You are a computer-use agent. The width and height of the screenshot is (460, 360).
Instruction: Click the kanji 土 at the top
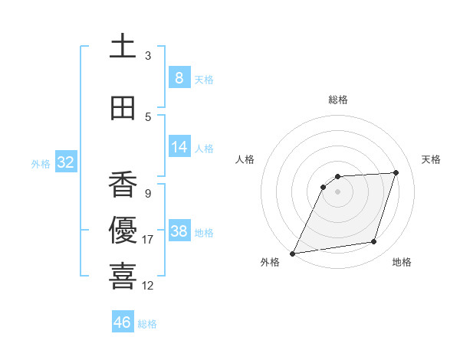tap(123, 47)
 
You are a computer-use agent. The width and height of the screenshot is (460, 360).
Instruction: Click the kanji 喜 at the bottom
tap(123, 276)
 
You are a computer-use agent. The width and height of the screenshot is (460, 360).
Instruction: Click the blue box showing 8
tap(179, 78)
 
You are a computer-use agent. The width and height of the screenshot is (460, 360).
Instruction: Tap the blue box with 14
tap(179, 147)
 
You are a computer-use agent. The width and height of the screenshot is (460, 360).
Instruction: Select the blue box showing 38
tap(179, 231)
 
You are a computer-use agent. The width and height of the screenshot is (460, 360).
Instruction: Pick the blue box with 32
tap(65, 162)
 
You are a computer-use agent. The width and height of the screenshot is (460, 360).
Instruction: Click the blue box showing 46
tap(123, 322)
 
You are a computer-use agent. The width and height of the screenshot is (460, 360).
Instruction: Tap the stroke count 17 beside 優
tap(148, 240)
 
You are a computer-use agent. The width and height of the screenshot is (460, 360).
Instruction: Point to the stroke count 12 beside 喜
tap(148, 286)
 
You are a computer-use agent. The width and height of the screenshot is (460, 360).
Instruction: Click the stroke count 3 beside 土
tap(148, 56)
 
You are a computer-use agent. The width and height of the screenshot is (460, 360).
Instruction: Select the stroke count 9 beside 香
tap(148, 194)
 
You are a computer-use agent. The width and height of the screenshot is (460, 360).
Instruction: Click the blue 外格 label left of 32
tap(41, 163)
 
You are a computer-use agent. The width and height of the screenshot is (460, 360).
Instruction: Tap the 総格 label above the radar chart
tap(338, 100)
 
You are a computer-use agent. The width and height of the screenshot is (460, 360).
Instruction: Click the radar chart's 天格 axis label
tap(432, 159)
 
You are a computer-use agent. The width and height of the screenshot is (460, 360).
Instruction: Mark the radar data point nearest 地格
tap(374, 242)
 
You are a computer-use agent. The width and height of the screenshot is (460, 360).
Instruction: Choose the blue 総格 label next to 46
tap(148, 324)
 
